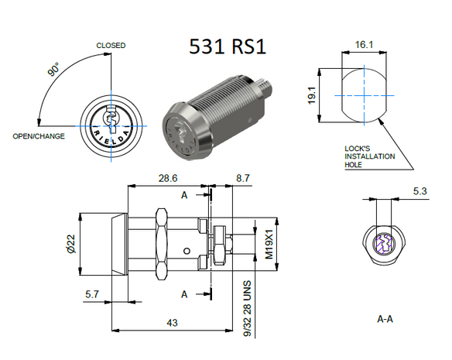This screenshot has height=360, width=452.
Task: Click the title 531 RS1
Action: [228, 46]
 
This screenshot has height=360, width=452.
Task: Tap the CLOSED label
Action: [111, 46]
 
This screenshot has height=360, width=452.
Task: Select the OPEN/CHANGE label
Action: [38, 136]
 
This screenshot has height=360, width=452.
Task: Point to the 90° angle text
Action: [53, 70]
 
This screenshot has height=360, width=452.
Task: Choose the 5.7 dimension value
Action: [91, 295]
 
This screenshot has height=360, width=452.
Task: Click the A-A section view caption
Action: [384, 317]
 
